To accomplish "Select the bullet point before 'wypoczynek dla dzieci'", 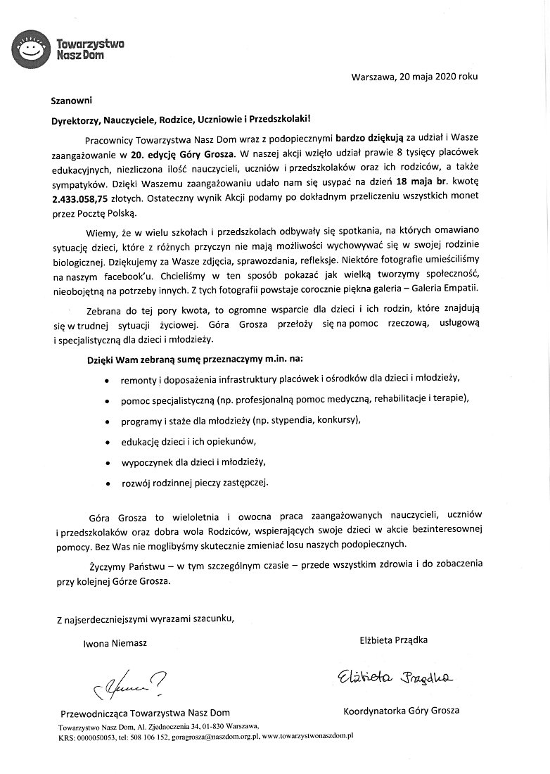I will point(106,464).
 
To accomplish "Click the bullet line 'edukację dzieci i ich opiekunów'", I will point(188,442).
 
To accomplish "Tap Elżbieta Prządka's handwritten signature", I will point(394,676).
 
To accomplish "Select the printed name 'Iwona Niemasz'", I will point(115,642).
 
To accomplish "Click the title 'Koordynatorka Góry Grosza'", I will point(401,711).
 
